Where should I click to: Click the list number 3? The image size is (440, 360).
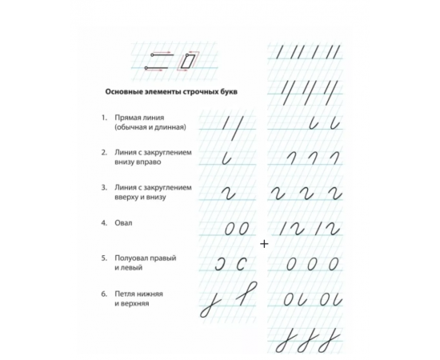click(103, 187)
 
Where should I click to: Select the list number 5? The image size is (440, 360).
click(103, 258)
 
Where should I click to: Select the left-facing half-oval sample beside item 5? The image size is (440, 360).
click(240, 264)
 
